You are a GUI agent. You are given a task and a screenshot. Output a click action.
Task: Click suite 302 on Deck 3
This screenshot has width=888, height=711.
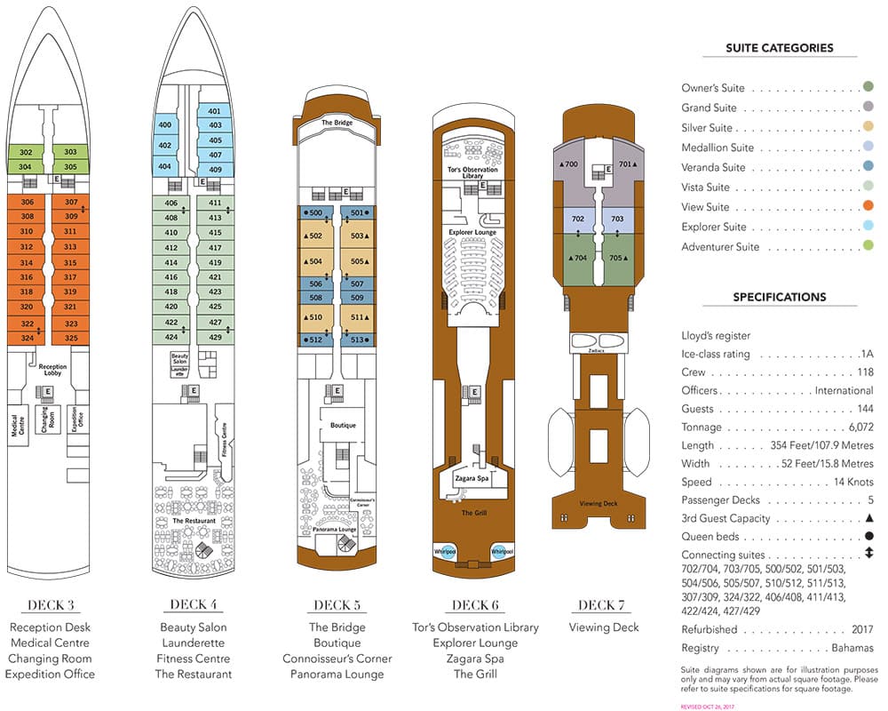26,152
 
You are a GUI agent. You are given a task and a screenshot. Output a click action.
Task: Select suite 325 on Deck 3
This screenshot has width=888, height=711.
71,338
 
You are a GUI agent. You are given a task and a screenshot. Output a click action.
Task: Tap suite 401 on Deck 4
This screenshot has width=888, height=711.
214,112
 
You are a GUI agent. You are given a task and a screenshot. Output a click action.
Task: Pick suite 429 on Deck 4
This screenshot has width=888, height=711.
214,337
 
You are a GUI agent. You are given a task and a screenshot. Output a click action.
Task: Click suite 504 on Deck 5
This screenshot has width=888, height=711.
314,262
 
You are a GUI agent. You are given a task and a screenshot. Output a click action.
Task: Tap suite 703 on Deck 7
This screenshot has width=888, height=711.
617,219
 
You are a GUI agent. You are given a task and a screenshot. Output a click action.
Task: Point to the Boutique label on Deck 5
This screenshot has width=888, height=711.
343,425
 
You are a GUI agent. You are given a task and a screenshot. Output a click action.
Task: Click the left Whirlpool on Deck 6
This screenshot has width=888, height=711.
445,551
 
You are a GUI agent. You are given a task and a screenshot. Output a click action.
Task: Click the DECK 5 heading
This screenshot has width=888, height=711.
337,606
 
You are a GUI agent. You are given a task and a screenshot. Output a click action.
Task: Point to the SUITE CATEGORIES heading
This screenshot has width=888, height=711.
779,48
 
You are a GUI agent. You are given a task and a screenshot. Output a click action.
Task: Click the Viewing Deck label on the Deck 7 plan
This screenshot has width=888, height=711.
598,503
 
